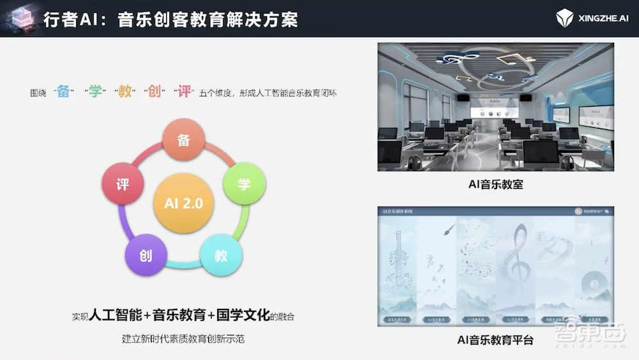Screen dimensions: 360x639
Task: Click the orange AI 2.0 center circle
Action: coord(184,203)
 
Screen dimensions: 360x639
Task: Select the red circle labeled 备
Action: coord(184,141)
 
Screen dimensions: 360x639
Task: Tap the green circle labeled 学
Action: coord(243,184)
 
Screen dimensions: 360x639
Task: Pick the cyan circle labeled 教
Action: coord(221,255)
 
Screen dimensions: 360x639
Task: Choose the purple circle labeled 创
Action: coord(146,255)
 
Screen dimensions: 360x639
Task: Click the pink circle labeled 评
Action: coord(123,184)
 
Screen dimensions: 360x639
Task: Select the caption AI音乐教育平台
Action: coord(495,340)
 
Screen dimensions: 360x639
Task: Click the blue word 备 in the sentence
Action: coord(63,91)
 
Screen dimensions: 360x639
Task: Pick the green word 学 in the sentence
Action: coord(95,91)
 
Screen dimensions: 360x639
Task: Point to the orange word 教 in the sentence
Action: coord(125,91)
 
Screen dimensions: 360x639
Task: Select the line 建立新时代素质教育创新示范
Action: coord(183,338)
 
